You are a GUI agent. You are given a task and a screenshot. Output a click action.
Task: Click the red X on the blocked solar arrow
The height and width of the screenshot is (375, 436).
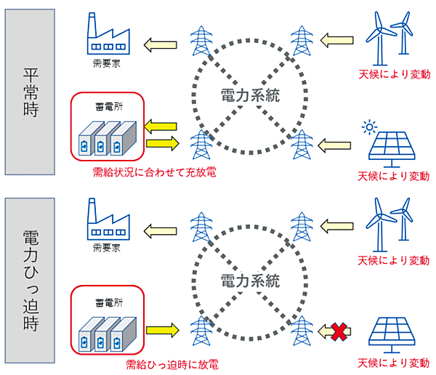pyautogui.click(x=337, y=331)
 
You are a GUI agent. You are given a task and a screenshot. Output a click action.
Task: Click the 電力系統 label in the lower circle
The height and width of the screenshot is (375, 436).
pyautogui.click(x=249, y=280)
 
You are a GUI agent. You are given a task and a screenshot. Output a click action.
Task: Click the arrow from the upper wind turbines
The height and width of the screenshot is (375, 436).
pyautogui.click(x=336, y=39)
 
